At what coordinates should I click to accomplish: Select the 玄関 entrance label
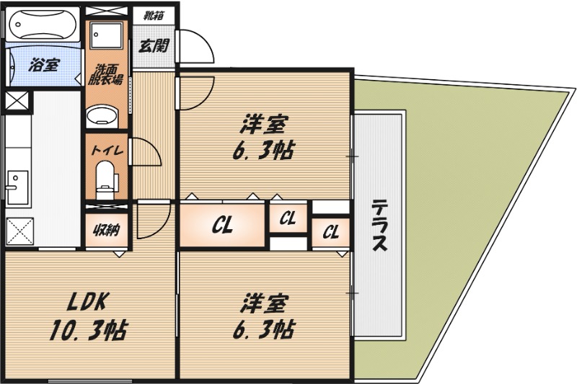tap(153, 45)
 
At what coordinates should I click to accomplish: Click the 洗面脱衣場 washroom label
tap(105, 75)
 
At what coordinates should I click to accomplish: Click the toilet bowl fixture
tap(106, 177)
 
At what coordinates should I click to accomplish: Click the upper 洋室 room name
tap(261, 125)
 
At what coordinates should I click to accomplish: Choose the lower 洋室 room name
tap(261, 300)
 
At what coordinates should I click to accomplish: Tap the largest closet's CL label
tap(222, 226)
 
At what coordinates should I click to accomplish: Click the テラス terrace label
tap(379, 226)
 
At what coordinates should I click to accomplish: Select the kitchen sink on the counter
tap(16, 184)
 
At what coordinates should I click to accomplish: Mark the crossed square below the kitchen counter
tap(19, 232)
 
